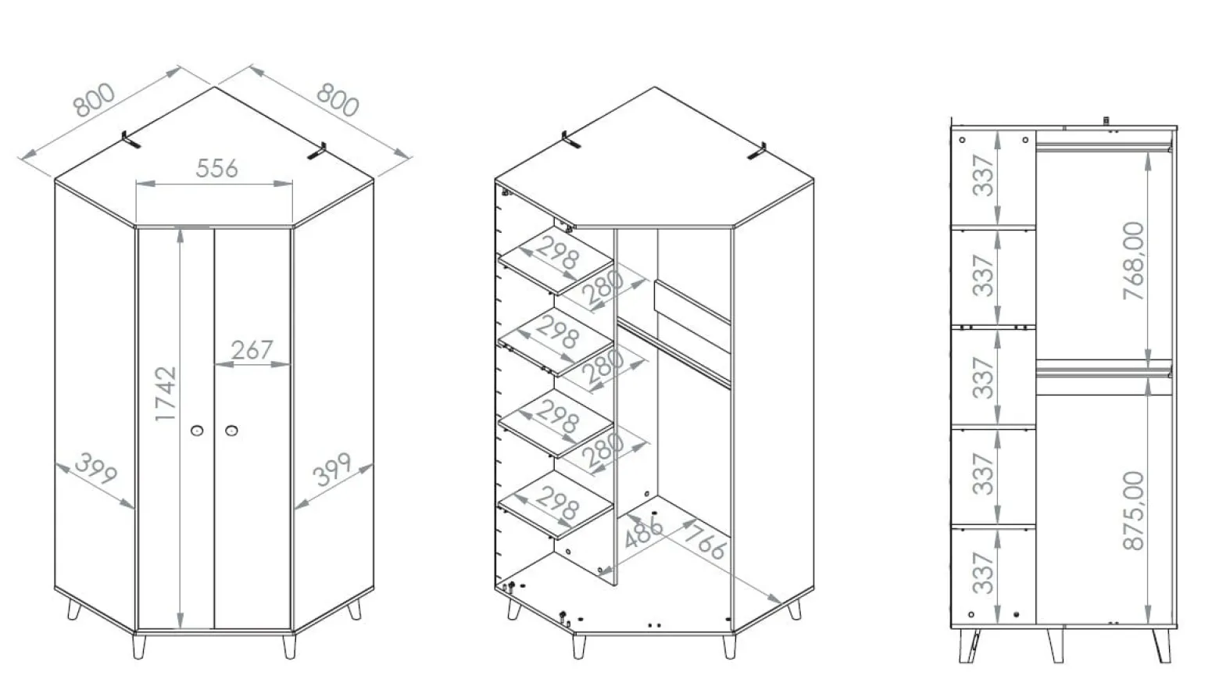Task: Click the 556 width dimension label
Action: pyautogui.click(x=216, y=169)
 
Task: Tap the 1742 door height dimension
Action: pyautogui.click(x=166, y=393)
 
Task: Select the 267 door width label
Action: pyautogui.click(x=252, y=350)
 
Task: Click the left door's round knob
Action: pyautogui.click(x=197, y=431)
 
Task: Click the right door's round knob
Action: pyautogui.click(x=231, y=431)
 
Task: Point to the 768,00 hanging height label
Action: pyautogui.click(x=1134, y=261)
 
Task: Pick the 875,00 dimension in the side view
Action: pyautogui.click(x=1134, y=510)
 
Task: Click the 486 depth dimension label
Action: pyautogui.click(x=644, y=531)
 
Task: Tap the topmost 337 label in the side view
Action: pyautogui.click(x=984, y=175)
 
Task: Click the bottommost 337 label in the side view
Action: pyautogui.click(x=984, y=573)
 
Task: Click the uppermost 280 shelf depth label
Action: pyautogui.click(x=603, y=288)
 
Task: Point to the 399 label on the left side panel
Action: pyautogui.click(x=96, y=468)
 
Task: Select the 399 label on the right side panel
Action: pyautogui.click(x=332, y=469)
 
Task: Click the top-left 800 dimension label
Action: pyautogui.click(x=94, y=100)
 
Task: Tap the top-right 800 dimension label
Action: pyautogui.click(x=338, y=99)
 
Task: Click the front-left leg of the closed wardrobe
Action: pyautogui.click(x=139, y=646)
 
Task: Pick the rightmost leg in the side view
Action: pyautogui.click(x=1161, y=646)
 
